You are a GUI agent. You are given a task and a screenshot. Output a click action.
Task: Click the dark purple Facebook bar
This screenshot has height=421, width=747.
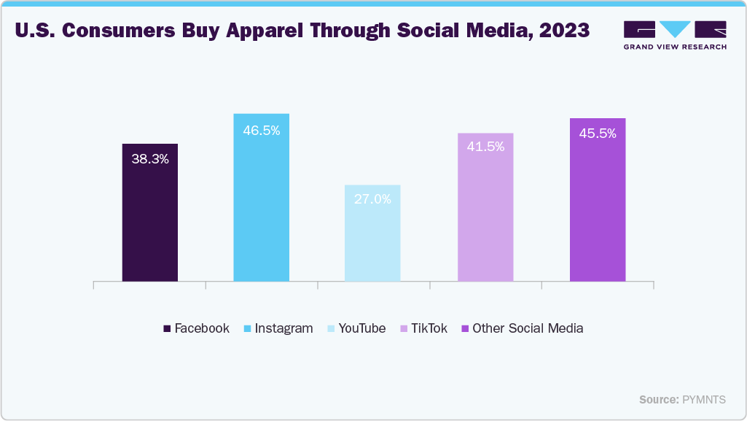point(149,219)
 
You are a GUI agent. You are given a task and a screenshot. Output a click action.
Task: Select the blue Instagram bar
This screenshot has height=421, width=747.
point(261,204)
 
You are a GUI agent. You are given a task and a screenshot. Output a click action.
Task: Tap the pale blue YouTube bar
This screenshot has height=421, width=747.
point(372,241)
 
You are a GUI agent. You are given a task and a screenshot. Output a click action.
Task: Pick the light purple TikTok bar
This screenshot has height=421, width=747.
point(485,215)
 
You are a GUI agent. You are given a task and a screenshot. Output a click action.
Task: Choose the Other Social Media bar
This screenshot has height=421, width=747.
point(598,208)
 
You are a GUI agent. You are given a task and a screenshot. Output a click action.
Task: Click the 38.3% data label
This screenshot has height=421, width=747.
point(150,158)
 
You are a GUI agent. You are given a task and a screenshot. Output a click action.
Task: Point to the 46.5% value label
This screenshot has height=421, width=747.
point(261,131)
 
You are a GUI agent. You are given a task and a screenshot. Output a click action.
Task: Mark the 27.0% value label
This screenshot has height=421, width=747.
point(372,198)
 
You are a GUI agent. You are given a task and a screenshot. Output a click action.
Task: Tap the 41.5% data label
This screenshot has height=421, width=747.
point(485,147)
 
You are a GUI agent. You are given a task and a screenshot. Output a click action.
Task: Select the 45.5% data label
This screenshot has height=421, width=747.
point(598,134)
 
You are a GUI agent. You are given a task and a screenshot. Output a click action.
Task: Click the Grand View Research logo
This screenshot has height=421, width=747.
point(675,35)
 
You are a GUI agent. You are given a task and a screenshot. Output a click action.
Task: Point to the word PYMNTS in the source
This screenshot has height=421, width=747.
point(703,400)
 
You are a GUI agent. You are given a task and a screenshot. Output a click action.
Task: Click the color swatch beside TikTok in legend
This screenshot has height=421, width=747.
point(404,329)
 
